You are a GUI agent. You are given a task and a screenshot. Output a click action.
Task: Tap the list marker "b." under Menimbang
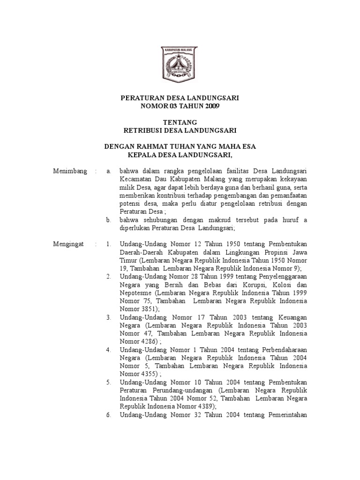pyautogui.click(x=109, y=220)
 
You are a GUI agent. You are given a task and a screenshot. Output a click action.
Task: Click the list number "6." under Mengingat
pyautogui.click(x=108, y=415)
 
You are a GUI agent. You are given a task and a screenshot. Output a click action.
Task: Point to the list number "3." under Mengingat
pyautogui.click(x=108, y=317)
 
